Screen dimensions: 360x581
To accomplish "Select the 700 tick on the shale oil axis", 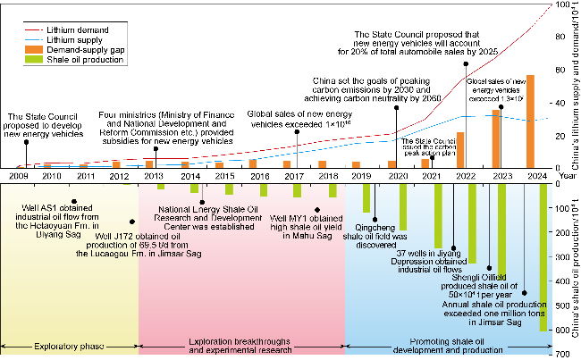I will (x=560, y=355).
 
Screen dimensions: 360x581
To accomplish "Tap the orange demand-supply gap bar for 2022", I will (x=460, y=149).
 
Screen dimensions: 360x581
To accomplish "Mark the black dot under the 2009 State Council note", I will (x=26, y=141).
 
